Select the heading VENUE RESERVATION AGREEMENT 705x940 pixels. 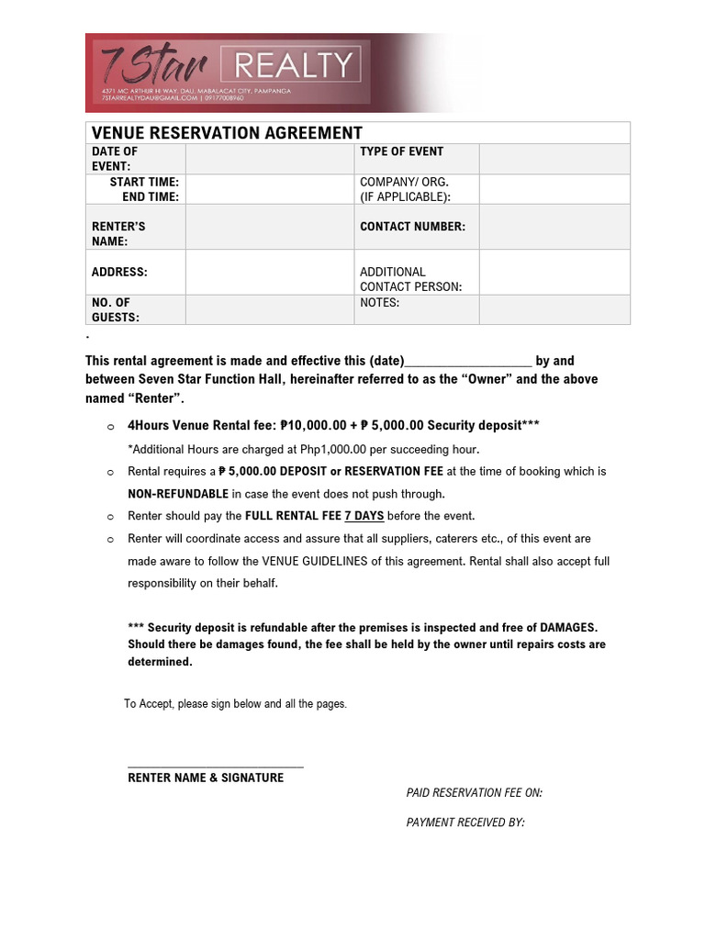pyautogui.click(x=227, y=133)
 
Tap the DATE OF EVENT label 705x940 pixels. pyautogui.click(x=115, y=159)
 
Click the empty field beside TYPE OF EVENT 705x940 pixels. pyautogui.click(x=554, y=159)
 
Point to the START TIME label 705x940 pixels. pyautogui.click(x=144, y=182)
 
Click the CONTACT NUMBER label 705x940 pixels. pyautogui.click(x=412, y=226)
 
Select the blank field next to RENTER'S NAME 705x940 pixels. pyautogui.click(x=269, y=227)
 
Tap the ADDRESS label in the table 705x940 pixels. pyautogui.click(x=119, y=272)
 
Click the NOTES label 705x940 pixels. pyautogui.click(x=379, y=302)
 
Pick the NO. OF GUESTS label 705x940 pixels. pyautogui.click(x=116, y=309)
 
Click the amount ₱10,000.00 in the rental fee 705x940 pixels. pyautogui.click(x=313, y=425)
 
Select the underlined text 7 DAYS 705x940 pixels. pyautogui.click(x=364, y=516)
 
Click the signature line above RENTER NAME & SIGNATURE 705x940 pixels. pyautogui.click(x=215, y=766)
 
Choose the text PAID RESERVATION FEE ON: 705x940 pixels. pyautogui.click(x=474, y=793)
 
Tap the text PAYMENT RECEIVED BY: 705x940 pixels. pyautogui.click(x=464, y=822)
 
